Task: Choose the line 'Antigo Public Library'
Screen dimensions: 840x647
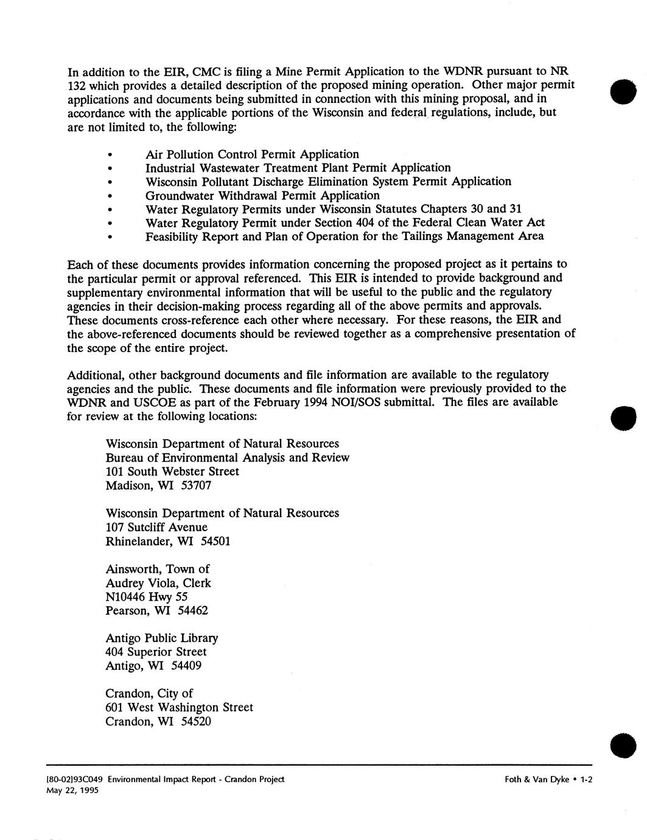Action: pyautogui.click(x=161, y=638)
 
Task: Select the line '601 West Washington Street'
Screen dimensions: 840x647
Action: pyautogui.click(x=179, y=707)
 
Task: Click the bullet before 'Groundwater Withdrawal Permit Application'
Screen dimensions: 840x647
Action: pyautogui.click(x=110, y=196)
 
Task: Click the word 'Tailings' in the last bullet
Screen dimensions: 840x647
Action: pyautogui.click(x=421, y=236)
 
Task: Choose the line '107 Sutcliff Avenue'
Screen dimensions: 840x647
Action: pyautogui.click(x=156, y=527)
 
